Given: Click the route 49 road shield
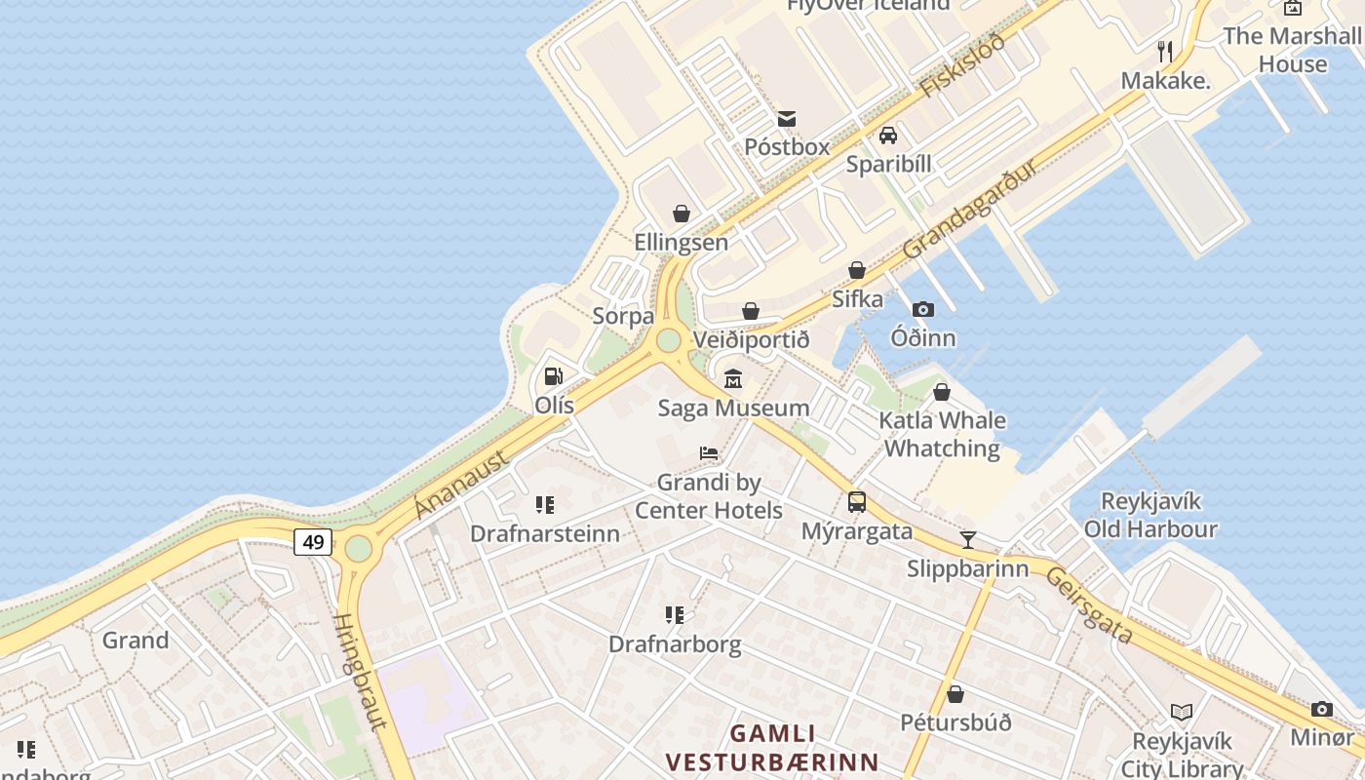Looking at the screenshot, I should (313, 542).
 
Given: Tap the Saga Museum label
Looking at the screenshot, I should (733, 408).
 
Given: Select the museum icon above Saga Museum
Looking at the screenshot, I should (732, 378).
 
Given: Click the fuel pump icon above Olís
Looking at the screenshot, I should (553, 376).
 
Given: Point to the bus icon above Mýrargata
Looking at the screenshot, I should (856, 502).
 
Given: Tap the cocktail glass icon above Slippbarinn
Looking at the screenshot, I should (967, 539).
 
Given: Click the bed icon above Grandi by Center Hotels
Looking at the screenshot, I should (709, 453).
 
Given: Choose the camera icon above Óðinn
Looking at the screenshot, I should (922, 310).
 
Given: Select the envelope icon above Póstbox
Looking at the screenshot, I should (786, 119).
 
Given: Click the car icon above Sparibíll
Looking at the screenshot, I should (887, 136).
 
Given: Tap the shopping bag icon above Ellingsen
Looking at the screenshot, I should (681, 214).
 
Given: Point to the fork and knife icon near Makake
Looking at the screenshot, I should (1164, 52).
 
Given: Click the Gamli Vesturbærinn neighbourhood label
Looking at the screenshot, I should (772, 747).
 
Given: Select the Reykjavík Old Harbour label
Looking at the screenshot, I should (1150, 515).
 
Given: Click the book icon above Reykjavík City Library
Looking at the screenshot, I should (1181, 713).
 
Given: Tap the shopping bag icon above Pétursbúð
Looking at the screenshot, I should (955, 694).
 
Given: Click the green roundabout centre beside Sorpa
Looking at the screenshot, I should (668, 340).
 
